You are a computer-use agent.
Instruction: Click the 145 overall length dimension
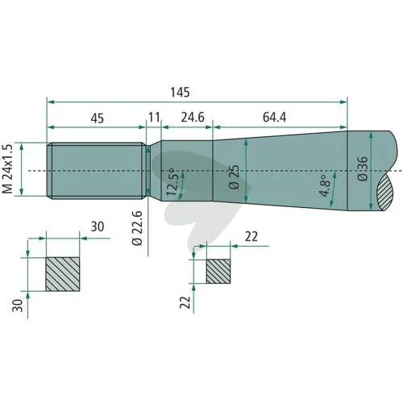(x=180, y=92)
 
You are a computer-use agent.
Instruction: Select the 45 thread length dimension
(x=98, y=118)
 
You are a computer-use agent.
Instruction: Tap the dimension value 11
(x=154, y=117)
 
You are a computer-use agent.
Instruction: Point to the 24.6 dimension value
(x=193, y=117)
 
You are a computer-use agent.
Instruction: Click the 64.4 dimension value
(x=274, y=117)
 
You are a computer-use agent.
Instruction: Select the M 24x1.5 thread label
(x=7, y=169)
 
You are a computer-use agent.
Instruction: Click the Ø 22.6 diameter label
(x=137, y=228)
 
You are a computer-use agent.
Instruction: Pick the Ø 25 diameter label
(x=235, y=177)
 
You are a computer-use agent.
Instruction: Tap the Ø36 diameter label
(x=363, y=168)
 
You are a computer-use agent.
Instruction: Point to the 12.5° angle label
(x=172, y=181)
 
